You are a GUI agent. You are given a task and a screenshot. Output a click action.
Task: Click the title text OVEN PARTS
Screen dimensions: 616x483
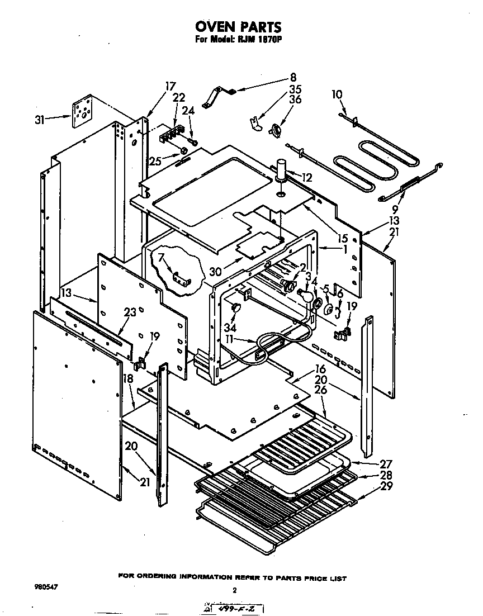(238, 26)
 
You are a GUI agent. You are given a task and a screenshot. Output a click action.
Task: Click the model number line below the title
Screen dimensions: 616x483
(237, 40)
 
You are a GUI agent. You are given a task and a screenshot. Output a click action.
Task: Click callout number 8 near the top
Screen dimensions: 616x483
(293, 77)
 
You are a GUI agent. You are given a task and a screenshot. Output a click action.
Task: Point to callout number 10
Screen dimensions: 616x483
(337, 94)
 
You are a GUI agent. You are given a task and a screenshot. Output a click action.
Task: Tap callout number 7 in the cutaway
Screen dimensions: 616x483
(162, 258)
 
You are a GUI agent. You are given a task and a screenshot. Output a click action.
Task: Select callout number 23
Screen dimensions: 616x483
(130, 313)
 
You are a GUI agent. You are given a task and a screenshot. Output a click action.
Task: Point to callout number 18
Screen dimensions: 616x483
(128, 378)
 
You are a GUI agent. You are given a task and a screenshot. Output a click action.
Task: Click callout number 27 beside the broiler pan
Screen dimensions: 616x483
(385, 463)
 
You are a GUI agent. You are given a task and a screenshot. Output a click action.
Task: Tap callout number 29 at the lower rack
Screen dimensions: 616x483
(385, 486)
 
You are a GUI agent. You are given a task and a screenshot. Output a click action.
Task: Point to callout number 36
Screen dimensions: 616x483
(295, 99)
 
